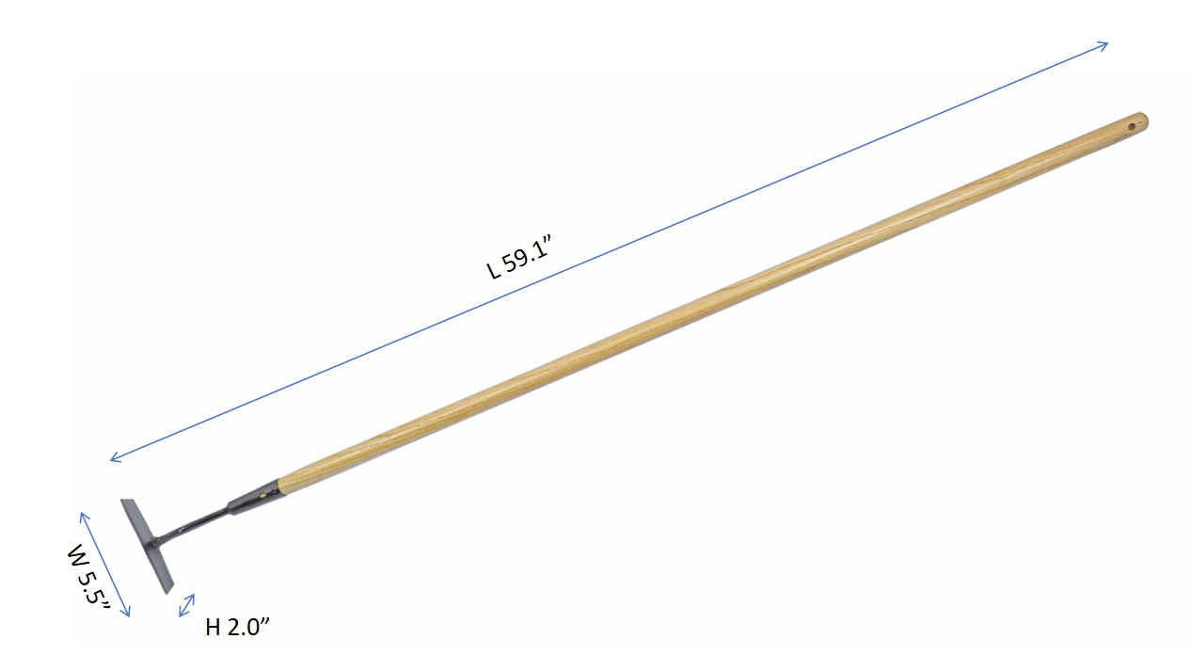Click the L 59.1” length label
click(x=519, y=257)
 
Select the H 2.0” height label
click(x=237, y=628)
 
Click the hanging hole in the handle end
click(x=1132, y=126)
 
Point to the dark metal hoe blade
click(x=148, y=546)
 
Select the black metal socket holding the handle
click(x=254, y=498)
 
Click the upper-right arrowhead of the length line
click(x=1103, y=46)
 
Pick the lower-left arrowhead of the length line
click(x=116, y=456)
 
